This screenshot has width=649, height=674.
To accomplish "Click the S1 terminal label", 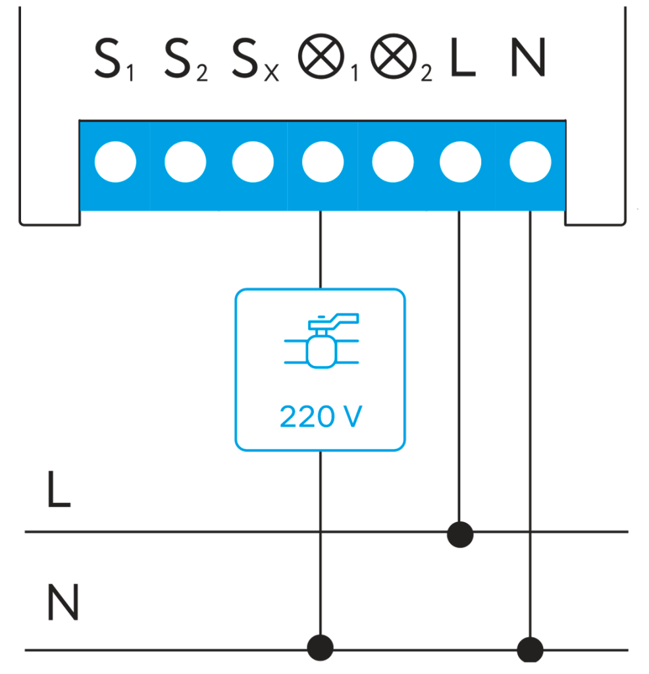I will tap(113, 61).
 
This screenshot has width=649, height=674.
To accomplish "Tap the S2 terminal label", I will tap(185, 61).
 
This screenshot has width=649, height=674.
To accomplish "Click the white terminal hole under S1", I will tap(115, 161).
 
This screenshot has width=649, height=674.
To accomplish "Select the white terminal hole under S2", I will tap(185, 161).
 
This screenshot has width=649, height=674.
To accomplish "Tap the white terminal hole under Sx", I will tap(253, 161).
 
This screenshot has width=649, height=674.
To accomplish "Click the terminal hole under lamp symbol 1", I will tap(323, 161).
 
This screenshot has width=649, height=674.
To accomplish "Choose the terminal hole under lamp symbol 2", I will tap(392, 161).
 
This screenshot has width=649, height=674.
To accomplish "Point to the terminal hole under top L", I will tap(460, 161).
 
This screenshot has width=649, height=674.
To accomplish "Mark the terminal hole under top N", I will tap(531, 161).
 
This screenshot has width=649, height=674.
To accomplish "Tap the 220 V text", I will tap(321, 417).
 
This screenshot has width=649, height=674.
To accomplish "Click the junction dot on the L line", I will tap(459, 534).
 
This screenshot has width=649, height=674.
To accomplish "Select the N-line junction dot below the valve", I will tap(321, 648).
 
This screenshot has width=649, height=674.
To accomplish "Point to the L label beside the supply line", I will tap(59, 490).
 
